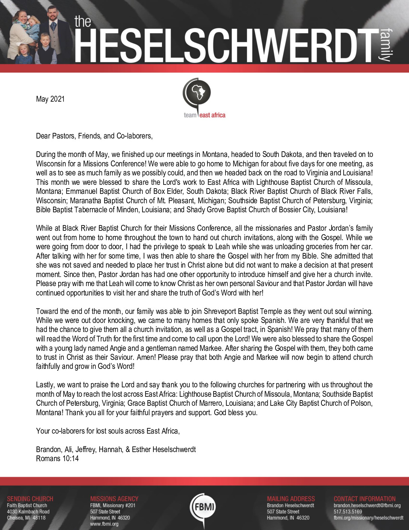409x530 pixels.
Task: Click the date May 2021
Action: pyautogui.click(x=50, y=99)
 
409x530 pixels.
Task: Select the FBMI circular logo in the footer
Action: pyautogui.click(x=204, y=508)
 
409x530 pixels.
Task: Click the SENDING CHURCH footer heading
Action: pyautogui.click(x=30, y=499)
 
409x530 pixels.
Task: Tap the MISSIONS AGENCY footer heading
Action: pyautogui.click(x=114, y=499)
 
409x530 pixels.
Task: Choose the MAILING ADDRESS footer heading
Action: pyautogui.click(x=291, y=499)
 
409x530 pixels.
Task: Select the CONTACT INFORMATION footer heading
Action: pyautogui.click(x=365, y=499)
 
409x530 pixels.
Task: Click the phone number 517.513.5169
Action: pyautogui.click(x=348, y=512)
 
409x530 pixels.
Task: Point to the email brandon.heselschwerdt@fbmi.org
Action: pyautogui.click(x=367, y=506)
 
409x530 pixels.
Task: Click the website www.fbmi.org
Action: pyautogui.click(x=104, y=524)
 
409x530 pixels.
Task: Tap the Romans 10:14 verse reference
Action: pyautogui.click(x=58, y=458)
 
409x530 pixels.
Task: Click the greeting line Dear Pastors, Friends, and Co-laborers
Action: pyautogui.click(x=94, y=136)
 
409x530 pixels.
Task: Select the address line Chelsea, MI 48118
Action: pyautogui.click(x=26, y=518)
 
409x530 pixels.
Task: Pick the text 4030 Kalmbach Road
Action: pyautogui.click(x=28, y=512)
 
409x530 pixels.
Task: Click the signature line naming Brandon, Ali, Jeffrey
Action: pyautogui.click(x=116, y=449)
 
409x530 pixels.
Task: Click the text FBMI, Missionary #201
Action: pyautogui.click(x=113, y=506)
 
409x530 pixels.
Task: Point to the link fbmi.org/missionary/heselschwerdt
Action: pyautogui.click(x=368, y=518)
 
